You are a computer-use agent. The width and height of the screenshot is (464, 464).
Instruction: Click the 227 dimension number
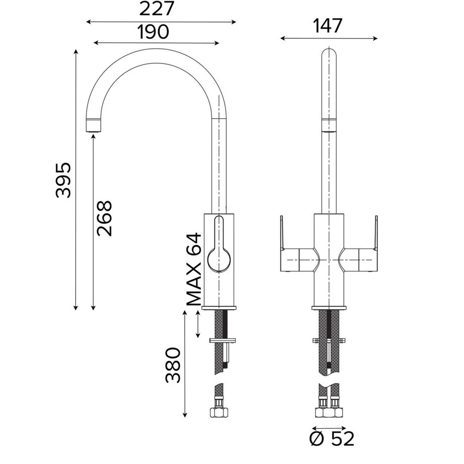tap(156, 9)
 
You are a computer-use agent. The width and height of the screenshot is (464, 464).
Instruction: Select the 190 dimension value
tap(153, 32)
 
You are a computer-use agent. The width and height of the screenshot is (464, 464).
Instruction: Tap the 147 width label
tap(327, 26)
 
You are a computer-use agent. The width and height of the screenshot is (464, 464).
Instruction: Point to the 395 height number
tap(63, 180)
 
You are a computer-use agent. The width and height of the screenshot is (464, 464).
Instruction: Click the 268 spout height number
tap(105, 218)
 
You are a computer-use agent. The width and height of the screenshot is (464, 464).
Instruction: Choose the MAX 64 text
tap(194, 269)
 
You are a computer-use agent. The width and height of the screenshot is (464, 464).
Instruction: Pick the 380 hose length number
tap(173, 365)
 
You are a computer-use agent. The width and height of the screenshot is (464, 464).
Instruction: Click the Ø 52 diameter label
tap(332, 439)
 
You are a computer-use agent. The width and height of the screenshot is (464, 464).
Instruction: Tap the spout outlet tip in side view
tap(94, 125)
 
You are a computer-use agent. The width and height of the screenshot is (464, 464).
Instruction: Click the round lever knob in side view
tap(219, 260)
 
